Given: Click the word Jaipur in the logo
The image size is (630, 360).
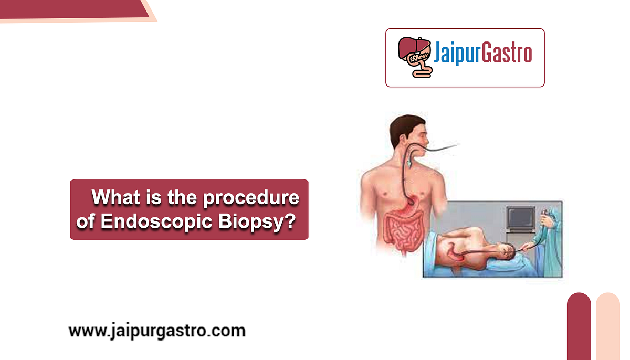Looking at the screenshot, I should tap(454, 54).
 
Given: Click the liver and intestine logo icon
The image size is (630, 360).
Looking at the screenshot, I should tap(414, 57).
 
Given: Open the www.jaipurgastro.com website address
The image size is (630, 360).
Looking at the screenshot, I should tap(156, 331).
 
